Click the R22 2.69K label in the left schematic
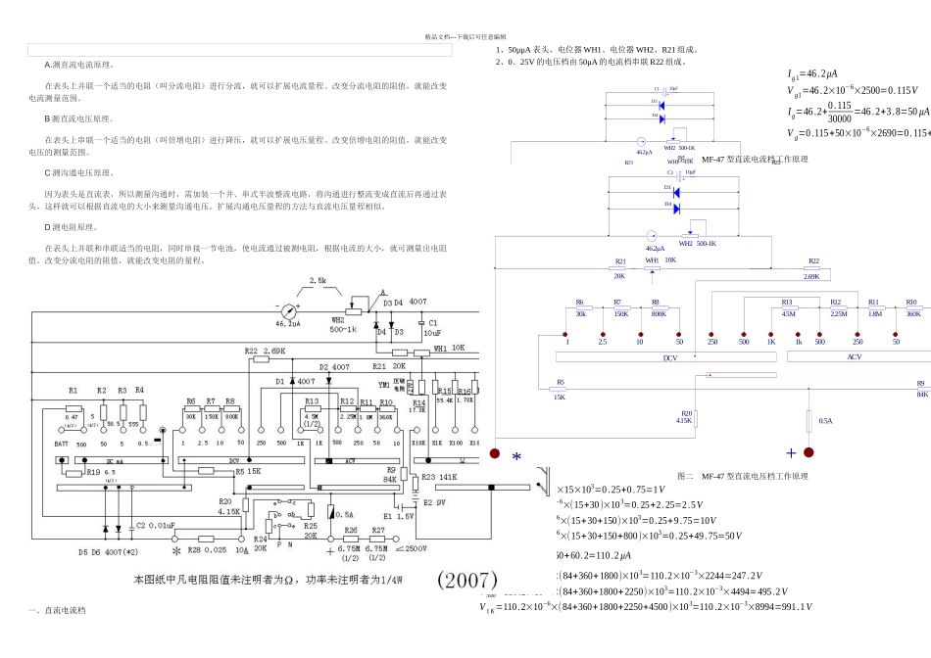[x=266, y=350]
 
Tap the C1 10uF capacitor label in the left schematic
[x=432, y=327]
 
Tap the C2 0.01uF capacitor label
[x=155, y=526]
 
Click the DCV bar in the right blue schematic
[x=670, y=357]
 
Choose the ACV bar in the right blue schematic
[x=854, y=357]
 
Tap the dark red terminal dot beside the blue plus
[x=809, y=452]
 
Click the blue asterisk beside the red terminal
[x=516, y=456]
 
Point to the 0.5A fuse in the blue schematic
[x=809, y=421]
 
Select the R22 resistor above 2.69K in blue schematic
[x=812, y=269]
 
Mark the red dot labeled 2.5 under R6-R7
[x=603, y=334]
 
